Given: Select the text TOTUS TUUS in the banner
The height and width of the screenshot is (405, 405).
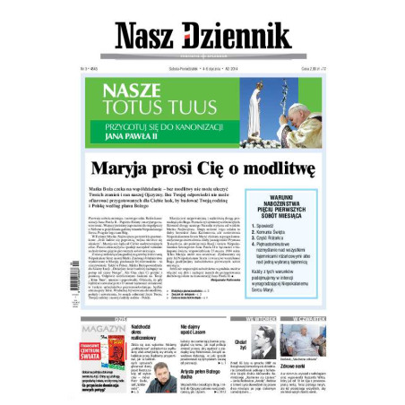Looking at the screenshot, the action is click(x=159, y=108).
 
